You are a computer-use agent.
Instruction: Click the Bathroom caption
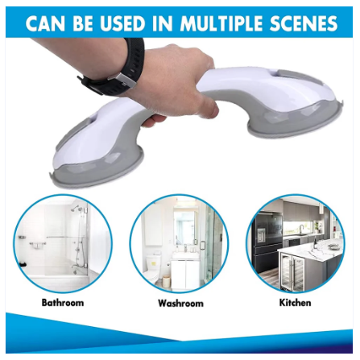(62, 303)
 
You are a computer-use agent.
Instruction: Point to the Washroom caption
(180, 303)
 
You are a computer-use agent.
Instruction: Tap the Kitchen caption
(295, 303)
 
